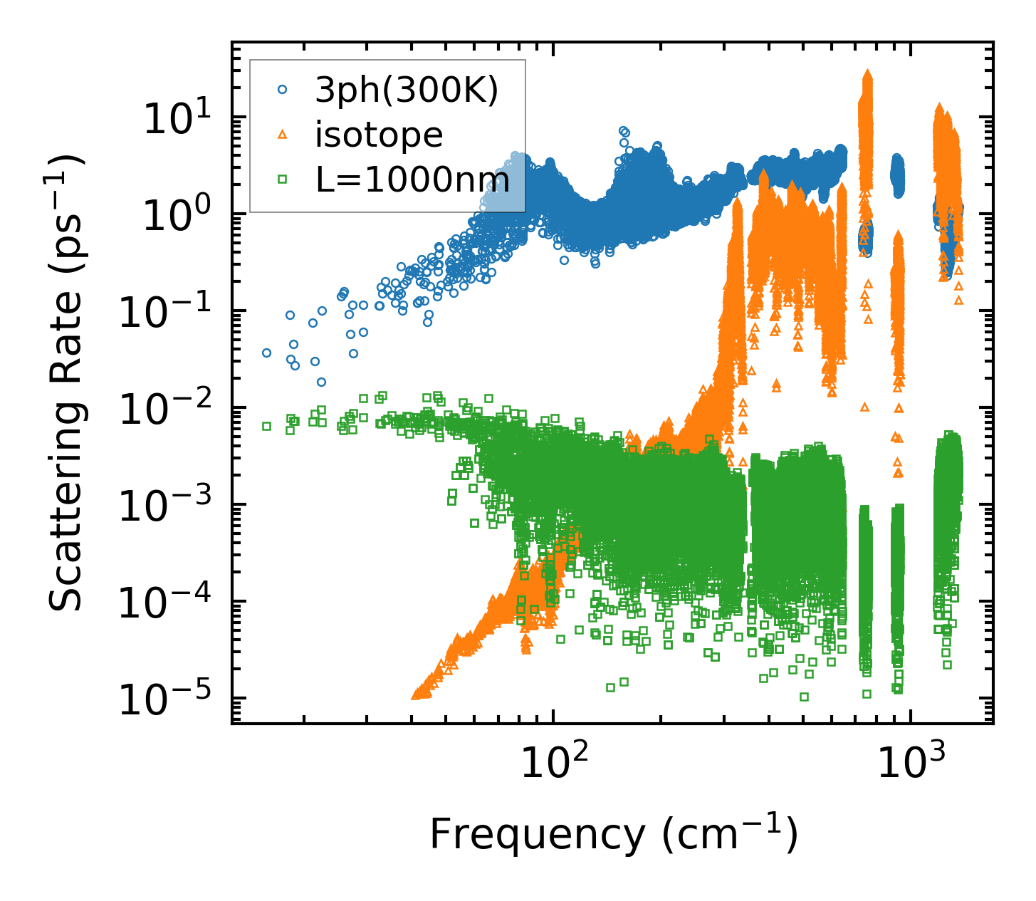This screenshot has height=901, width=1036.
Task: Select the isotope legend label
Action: pyautogui.click(x=379, y=135)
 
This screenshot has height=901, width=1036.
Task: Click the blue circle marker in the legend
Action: pyautogui.click(x=283, y=90)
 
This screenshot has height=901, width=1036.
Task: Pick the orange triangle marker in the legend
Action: pyautogui.click(x=283, y=134)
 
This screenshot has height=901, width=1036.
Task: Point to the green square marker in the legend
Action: pyautogui.click(x=283, y=179)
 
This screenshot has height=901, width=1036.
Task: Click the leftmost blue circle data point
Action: pyautogui.click(x=266, y=353)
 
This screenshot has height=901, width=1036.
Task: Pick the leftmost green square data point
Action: pyautogui.click(x=266, y=426)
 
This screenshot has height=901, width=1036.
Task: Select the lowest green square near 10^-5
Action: pyautogui.click(x=804, y=697)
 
